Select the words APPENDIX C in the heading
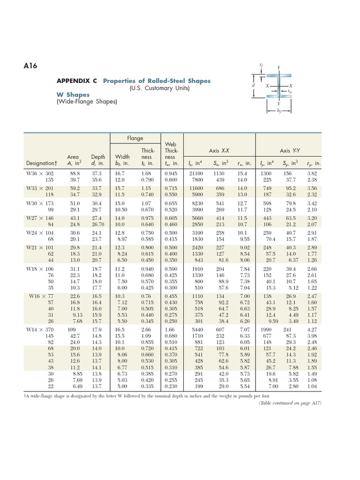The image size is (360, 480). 77,81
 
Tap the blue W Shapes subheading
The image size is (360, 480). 73,94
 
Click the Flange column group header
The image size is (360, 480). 135,138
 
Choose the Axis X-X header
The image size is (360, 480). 219,150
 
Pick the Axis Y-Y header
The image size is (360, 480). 290,150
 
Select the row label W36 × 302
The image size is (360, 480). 40,173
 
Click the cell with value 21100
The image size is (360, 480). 196,173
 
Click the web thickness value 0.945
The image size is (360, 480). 172,173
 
